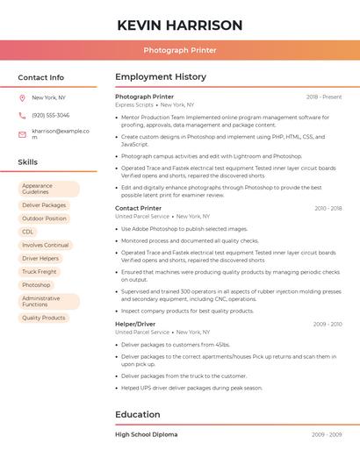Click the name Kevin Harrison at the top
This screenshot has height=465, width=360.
(x=180, y=25)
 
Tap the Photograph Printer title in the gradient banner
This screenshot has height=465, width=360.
(x=180, y=50)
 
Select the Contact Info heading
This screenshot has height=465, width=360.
(x=40, y=77)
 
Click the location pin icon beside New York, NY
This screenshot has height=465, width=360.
(x=22, y=97)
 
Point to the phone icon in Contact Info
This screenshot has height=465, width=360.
(x=22, y=115)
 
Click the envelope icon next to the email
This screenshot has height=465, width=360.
(x=22, y=134)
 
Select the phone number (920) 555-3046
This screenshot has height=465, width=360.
(x=50, y=115)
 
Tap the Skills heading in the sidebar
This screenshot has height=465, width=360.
(x=27, y=162)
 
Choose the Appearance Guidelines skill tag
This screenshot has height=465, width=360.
(x=48, y=189)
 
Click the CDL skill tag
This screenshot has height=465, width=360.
(x=28, y=232)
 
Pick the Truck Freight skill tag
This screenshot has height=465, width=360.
(x=40, y=272)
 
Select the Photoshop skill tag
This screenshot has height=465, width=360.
(x=36, y=285)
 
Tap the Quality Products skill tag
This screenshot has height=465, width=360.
(x=44, y=318)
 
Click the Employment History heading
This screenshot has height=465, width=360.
(x=161, y=77)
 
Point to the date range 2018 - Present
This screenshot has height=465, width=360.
(x=324, y=97)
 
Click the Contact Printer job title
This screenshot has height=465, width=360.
(x=138, y=208)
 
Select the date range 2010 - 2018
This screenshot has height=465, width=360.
(x=328, y=209)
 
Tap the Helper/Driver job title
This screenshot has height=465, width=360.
(x=135, y=324)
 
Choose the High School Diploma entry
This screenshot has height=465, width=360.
(x=146, y=434)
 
